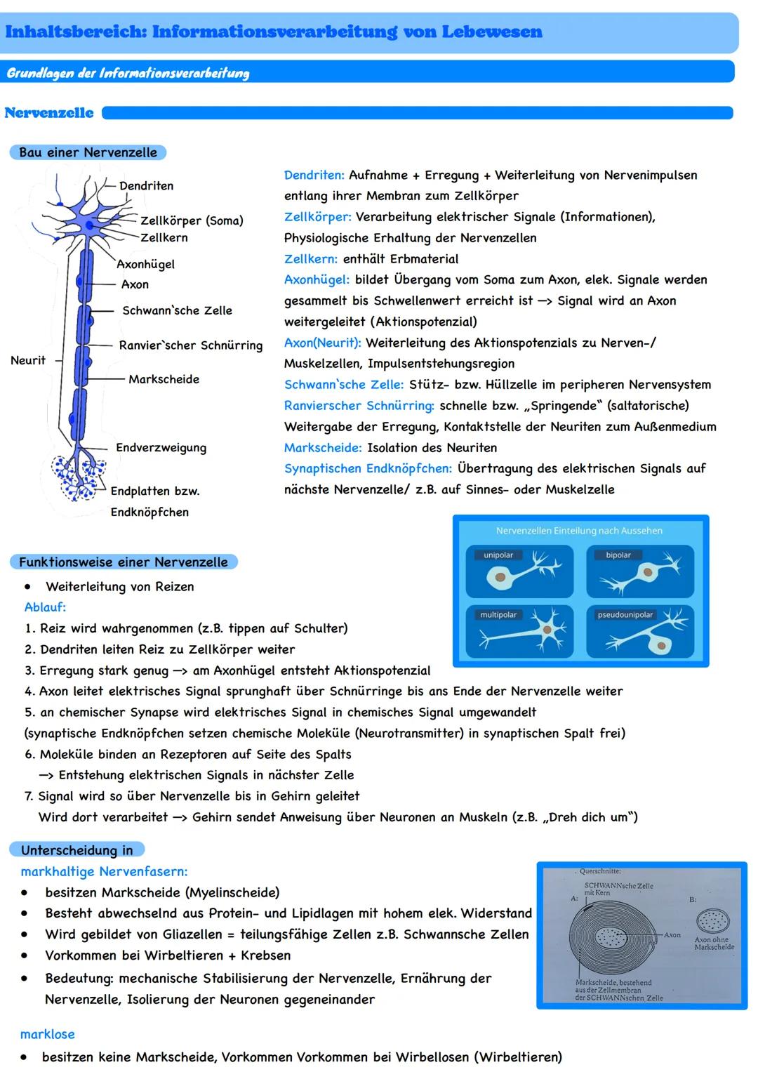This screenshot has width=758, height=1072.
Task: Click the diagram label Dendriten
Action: (x=146, y=186)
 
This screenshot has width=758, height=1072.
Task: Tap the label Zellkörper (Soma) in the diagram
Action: (x=192, y=220)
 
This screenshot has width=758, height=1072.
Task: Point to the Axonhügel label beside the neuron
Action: (x=145, y=264)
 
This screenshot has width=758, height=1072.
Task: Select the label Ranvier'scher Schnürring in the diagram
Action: (x=190, y=345)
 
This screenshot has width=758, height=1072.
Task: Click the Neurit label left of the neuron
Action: (x=28, y=360)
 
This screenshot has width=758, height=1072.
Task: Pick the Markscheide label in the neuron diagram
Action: (x=164, y=379)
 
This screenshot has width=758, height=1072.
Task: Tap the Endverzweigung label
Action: (x=161, y=448)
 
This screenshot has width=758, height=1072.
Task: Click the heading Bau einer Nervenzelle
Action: (x=88, y=152)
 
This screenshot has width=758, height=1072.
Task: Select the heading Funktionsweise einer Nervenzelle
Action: (x=123, y=562)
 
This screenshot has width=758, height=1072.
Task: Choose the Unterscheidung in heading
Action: (x=77, y=850)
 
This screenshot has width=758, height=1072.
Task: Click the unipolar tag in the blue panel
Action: (x=498, y=555)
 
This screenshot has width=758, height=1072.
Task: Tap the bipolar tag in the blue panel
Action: (x=618, y=555)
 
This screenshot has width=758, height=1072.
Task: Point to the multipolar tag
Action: (x=498, y=615)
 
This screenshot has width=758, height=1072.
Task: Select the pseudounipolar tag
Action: (x=625, y=615)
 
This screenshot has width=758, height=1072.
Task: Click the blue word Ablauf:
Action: (x=45, y=607)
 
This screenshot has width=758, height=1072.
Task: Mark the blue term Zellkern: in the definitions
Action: (x=310, y=259)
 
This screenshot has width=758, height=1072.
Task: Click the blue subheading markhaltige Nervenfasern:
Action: (x=104, y=871)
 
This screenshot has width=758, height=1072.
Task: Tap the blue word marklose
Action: (x=47, y=1034)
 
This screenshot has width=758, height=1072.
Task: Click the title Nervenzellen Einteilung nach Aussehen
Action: (x=579, y=531)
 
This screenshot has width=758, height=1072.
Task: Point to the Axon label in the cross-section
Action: (x=672, y=935)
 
